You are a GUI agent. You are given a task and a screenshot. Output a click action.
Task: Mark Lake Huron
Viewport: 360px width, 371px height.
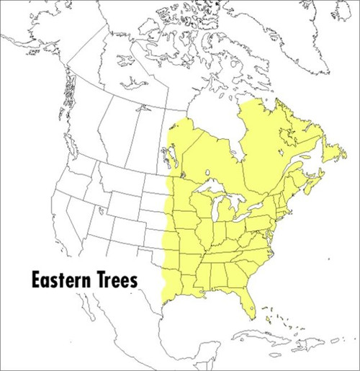238,201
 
